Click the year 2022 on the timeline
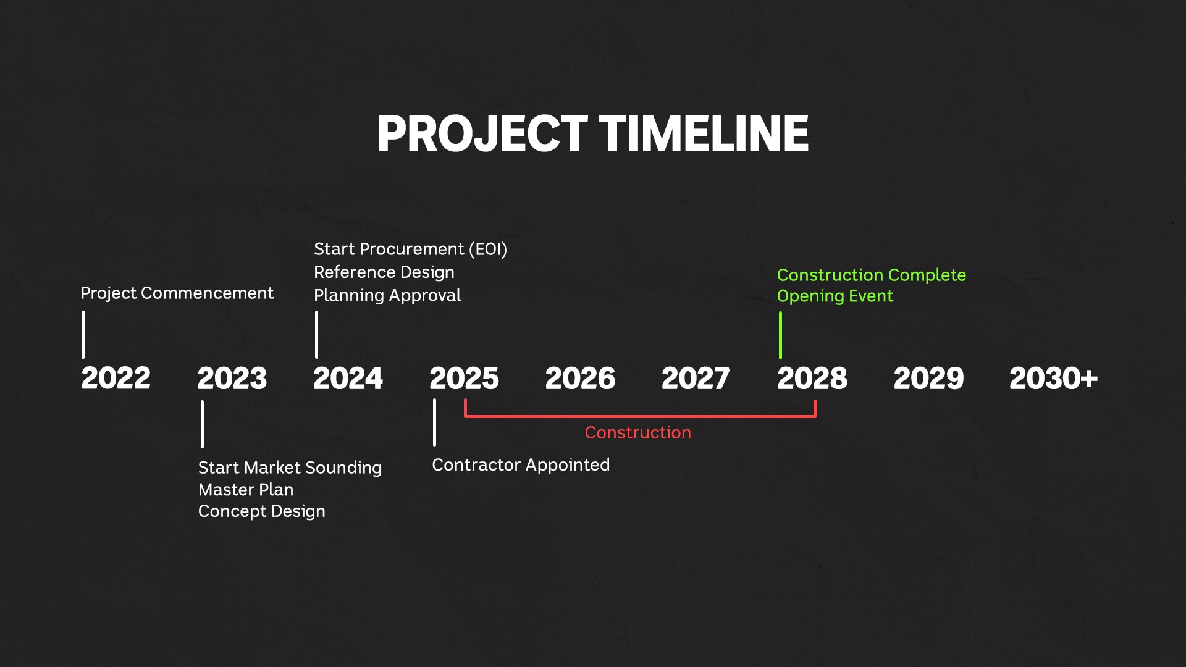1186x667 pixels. coord(116,378)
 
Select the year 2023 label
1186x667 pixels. coord(232,378)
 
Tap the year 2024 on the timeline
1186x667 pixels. coord(348,378)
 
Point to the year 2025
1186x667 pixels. coord(464,378)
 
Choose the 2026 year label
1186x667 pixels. coord(580,378)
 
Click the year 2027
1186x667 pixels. coord(696,378)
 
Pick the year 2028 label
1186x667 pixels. coord(812,378)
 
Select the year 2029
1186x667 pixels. coord(928,378)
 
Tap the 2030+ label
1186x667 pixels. coord(1053,378)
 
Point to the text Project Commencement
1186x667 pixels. coord(177,293)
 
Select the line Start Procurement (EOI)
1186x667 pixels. coord(410,249)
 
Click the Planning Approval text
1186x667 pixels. coord(387,295)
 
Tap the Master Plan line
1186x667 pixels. coord(246,489)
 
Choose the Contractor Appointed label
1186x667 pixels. coord(521,464)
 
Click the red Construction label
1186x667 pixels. coord(637,432)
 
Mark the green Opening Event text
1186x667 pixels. coord(835,296)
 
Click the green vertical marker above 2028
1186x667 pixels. coord(780,335)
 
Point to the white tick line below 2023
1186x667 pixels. coord(202,424)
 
